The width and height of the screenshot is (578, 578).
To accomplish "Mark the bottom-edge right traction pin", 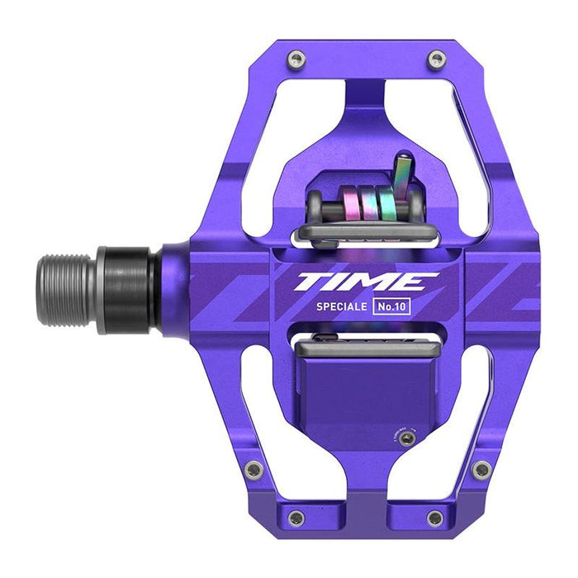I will coord(433,518).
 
